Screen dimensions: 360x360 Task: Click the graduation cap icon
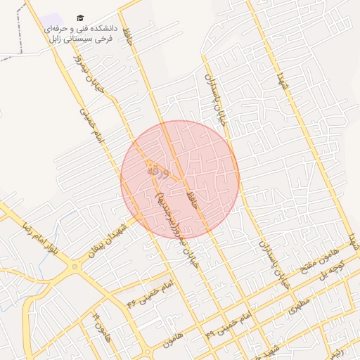click(79, 18)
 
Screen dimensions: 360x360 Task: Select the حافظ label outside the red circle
click(128, 35)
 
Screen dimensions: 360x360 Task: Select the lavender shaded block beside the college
click(50, 20)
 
